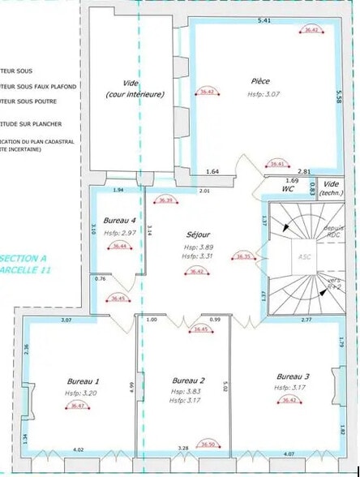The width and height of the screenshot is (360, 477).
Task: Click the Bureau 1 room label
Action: point(84,380)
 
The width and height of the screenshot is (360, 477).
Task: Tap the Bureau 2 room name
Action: point(189,380)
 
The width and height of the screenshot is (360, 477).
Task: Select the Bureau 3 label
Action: point(293,376)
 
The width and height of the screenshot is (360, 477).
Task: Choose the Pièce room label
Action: point(261,81)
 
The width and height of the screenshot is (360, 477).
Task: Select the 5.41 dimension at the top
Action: point(264,19)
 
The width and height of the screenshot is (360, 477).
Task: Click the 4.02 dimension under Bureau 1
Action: point(79,449)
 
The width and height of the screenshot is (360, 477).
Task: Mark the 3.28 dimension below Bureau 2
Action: point(183,448)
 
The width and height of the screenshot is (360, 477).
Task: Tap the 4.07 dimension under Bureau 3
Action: point(289,453)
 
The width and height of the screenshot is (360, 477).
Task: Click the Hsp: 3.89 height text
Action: point(200,247)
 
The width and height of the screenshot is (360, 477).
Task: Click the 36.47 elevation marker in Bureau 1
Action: point(78,405)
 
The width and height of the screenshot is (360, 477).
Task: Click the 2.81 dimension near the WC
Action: point(328,171)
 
